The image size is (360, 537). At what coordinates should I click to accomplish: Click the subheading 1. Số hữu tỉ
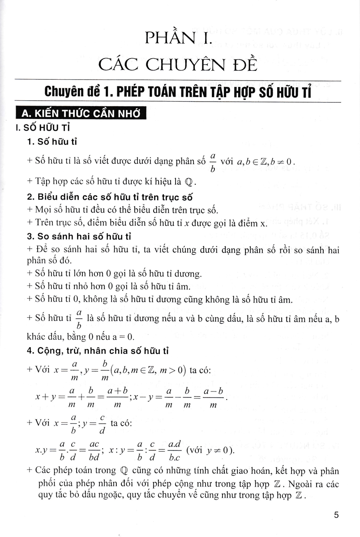(x=52, y=142)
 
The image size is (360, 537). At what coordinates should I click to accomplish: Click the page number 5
(x=336, y=515)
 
